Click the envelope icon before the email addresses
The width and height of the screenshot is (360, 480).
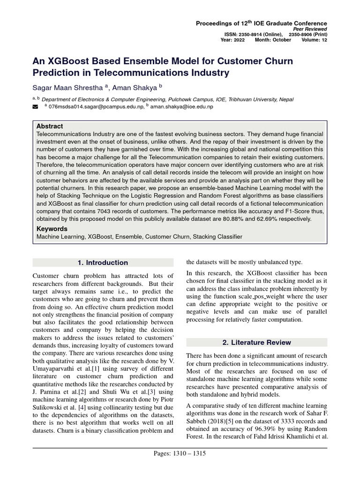(35, 107)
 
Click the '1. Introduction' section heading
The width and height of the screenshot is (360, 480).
(103, 262)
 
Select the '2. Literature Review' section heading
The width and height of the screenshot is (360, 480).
(257, 342)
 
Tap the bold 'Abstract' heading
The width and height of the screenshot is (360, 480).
(50, 127)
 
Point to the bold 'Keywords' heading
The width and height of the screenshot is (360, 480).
(52, 229)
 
